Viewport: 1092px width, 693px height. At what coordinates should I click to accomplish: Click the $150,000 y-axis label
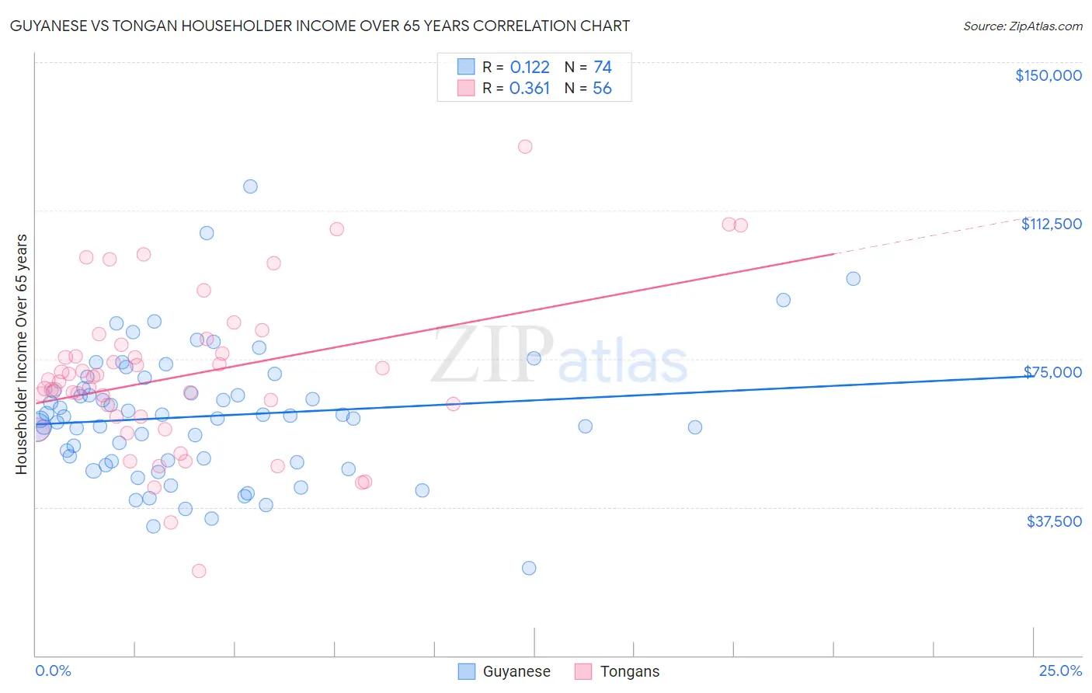tap(1048, 75)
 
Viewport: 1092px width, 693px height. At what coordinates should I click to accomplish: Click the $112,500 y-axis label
tap(1051, 224)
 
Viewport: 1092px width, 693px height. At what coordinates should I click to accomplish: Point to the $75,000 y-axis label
tap(1052, 372)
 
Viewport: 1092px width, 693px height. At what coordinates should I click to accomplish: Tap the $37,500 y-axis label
tap(1054, 521)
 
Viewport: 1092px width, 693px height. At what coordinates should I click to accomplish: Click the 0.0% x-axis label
tap(53, 670)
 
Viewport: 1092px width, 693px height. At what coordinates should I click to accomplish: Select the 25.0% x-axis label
tap(1060, 670)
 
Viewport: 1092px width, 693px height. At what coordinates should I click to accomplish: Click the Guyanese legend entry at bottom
tap(516, 671)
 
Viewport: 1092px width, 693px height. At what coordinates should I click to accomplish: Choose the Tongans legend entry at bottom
tap(629, 671)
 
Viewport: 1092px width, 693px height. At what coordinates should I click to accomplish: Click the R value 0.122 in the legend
tap(530, 67)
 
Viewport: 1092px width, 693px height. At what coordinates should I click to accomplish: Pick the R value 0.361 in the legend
tap(530, 88)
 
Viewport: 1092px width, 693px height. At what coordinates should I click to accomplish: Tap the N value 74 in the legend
tap(603, 67)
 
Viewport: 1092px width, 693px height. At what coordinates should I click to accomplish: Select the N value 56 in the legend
tap(602, 88)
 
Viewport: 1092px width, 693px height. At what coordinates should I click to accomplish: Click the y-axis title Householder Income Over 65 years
tap(22, 353)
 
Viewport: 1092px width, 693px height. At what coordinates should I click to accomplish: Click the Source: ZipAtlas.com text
tap(1022, 26)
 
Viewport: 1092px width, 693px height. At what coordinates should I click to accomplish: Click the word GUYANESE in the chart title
tap(46, 26)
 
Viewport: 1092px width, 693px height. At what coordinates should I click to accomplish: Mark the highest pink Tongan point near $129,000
tap(525, 146)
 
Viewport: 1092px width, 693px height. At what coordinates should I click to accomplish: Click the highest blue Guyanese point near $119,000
tap(250, 186)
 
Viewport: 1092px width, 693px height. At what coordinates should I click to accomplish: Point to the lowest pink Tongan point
tap(199, 571)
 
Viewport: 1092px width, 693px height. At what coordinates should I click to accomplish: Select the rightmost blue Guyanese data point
tap(853, 279)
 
